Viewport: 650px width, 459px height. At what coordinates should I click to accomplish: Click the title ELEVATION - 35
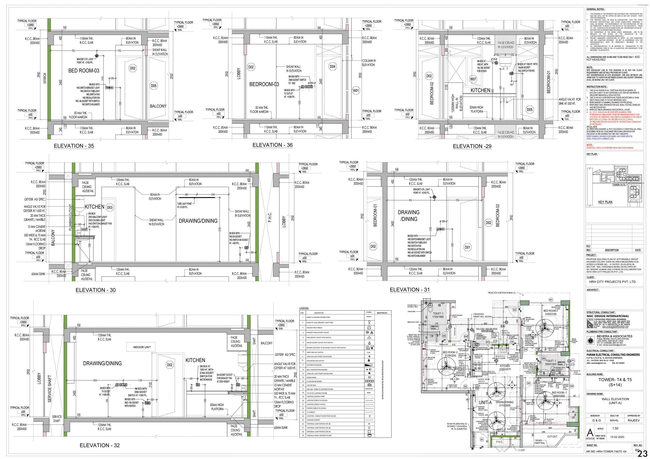74,146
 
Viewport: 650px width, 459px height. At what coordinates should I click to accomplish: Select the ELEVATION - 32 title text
100,445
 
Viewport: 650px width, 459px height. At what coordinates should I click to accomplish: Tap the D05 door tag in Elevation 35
153,86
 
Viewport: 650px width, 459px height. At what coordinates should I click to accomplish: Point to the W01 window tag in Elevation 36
356,91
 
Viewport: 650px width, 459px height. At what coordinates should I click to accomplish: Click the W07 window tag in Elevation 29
473,79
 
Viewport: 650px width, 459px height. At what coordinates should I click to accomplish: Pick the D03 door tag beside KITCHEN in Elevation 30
110,208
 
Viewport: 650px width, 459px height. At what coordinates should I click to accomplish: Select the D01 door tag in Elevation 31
467,247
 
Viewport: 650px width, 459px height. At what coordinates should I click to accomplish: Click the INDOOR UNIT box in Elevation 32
142,347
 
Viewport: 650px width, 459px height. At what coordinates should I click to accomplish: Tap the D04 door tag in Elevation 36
332,67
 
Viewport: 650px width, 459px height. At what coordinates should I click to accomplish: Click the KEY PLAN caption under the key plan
605,202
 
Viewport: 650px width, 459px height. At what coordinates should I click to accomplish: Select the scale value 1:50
614,428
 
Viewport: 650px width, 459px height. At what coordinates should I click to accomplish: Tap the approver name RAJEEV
634,420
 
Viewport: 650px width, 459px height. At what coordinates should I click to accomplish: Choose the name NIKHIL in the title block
614,420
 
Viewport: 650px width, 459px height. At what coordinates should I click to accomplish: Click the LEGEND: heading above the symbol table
304,308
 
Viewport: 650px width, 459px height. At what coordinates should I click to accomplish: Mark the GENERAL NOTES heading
595,9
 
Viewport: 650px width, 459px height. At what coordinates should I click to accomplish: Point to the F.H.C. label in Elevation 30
270,217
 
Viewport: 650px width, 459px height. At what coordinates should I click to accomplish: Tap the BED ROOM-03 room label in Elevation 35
84,71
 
